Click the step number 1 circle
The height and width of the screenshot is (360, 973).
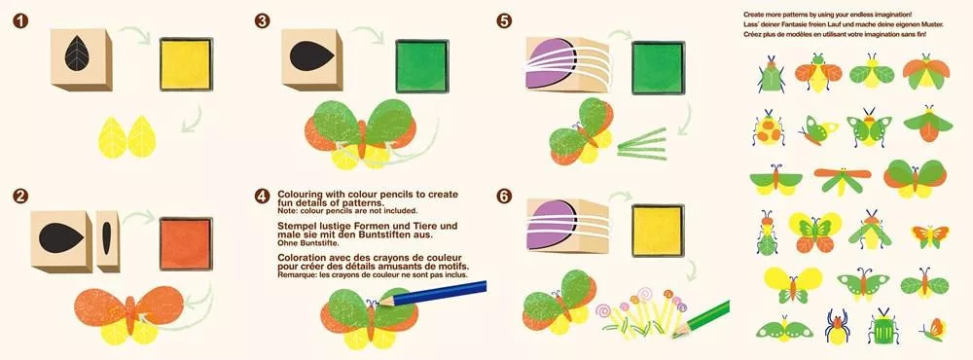pyautogui.click(x=20, y=21)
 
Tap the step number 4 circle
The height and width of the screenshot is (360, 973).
pyautogui.click(x=262, y=197)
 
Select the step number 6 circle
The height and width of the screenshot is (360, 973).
pyautogui.click(x=504, y=197)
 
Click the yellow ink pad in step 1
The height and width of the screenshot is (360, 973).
pyautogui.click(x=186, y=64)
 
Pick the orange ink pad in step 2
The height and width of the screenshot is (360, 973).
pyautogui.click(x=186, y=243)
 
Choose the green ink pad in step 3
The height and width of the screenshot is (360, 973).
pyautogui.click(x=422, y=66)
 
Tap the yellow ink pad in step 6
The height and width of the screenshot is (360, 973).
pyautogui.click(x=658, y=231)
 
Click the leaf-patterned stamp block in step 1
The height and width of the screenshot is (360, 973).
pyautogui.click(x=82, y=59)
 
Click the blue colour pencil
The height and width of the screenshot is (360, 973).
pyautogui.click(x=432, y=294)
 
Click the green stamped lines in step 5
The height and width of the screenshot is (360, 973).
pyautogui.click(x=641, y=144)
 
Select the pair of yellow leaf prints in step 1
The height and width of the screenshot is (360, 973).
pyautogui.click(x=127, y=136)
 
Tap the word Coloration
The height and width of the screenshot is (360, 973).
pyautogui.click(x=303, y=257)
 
